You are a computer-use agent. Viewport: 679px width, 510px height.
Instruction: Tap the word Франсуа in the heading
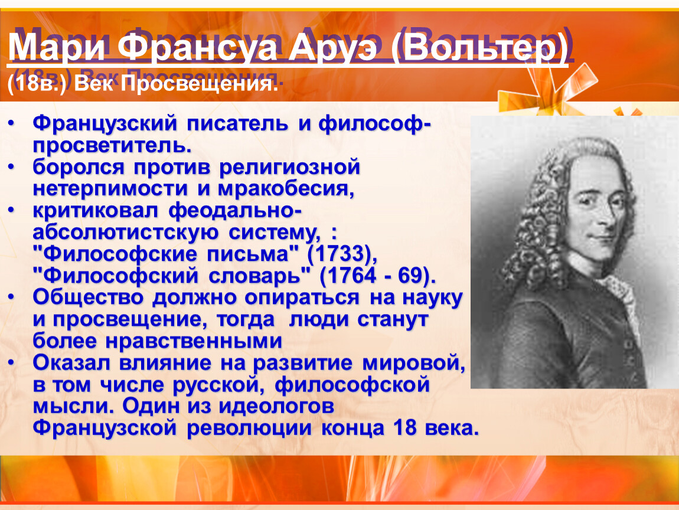197,47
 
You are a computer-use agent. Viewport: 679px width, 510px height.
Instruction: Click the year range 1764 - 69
376,276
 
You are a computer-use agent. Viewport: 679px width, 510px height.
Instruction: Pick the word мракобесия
286,189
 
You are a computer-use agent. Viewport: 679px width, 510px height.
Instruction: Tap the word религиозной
290,168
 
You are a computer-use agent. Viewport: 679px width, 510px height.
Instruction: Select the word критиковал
96,211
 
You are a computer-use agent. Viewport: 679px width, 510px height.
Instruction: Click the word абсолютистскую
126,233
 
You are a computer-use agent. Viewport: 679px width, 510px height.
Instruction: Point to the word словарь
259,276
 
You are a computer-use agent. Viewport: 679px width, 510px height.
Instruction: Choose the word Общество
88,298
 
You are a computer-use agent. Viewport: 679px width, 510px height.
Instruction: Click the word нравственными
194,341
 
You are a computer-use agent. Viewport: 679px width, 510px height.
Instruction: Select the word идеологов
276,406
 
